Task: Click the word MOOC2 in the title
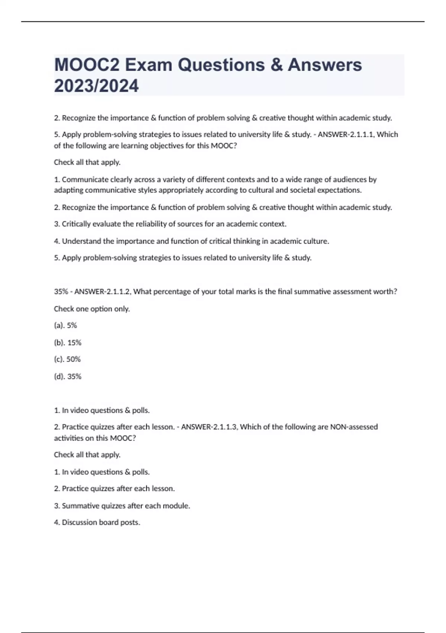[87, 65]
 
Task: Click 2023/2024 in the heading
[96, 86]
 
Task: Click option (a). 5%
[65, 325]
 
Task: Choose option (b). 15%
[68, 343]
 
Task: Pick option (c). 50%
[67, 359]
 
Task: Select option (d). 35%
[68, 376]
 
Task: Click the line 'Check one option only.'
[92, 309]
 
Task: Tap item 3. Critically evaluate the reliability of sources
[170, 224]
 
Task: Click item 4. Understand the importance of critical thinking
[191, 241]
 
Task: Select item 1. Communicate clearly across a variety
[215, 179]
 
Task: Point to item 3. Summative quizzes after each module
[122, 506]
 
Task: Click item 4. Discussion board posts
[97, 522]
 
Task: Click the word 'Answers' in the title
[324, 65]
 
